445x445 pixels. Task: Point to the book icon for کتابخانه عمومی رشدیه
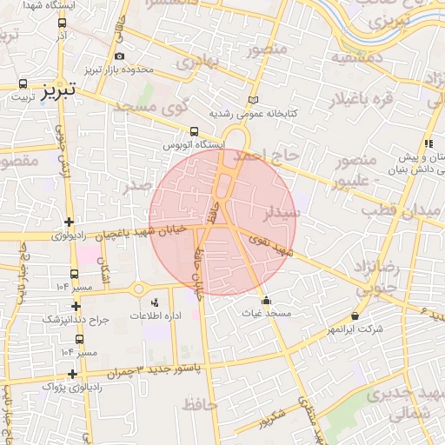click(253, 101)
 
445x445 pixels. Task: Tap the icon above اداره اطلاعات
click(154, 302)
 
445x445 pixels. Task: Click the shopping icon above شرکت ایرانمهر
click(355, 315)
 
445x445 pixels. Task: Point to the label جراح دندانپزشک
click(76, 319)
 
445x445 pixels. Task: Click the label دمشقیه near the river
click(352, 57)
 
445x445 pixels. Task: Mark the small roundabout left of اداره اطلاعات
click(136, 289)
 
